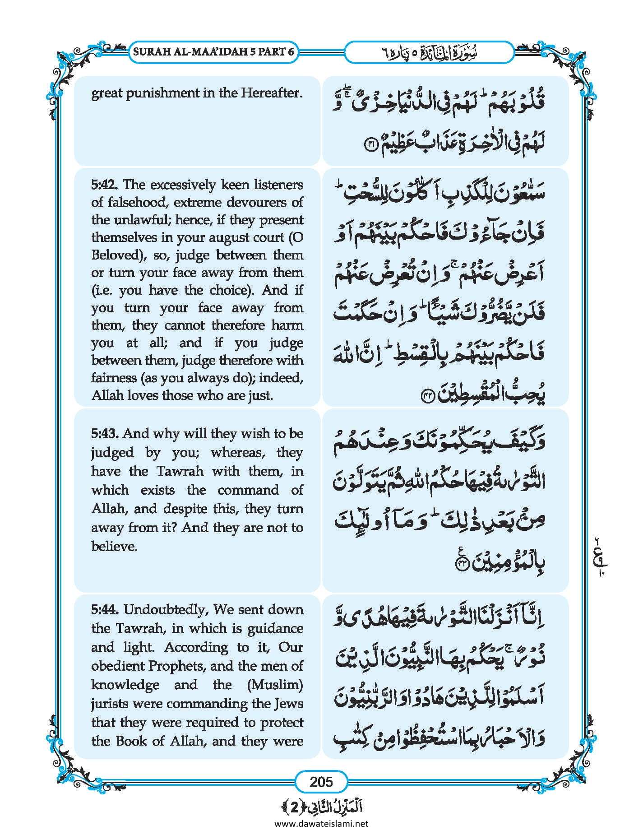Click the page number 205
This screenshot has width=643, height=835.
(321, 781)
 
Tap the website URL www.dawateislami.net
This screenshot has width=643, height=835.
(321, 823)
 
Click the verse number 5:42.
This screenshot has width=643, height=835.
(105, 185)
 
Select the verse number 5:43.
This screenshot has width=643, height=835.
(105, 434)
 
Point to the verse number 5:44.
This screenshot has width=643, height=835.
(105, 610)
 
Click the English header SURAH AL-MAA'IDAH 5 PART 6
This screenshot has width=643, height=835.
(213, 51)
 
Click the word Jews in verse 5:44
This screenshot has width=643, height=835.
(288, 704)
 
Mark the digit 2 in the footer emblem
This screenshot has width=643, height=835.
(294, 807)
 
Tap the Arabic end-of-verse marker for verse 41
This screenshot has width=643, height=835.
(369, 146)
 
